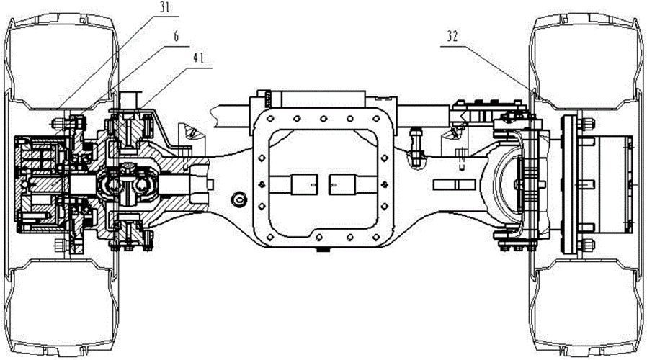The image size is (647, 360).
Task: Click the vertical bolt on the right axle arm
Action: click(x=416, y=140)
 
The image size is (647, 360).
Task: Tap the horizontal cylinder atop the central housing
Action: click(x=324, y=99)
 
